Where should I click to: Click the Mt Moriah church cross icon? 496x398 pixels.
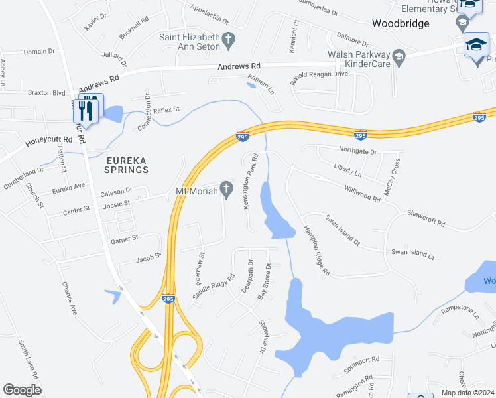click(226, 190)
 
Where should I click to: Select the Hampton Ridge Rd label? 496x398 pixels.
click(316, 249)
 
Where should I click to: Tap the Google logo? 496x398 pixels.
click(22, 390)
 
